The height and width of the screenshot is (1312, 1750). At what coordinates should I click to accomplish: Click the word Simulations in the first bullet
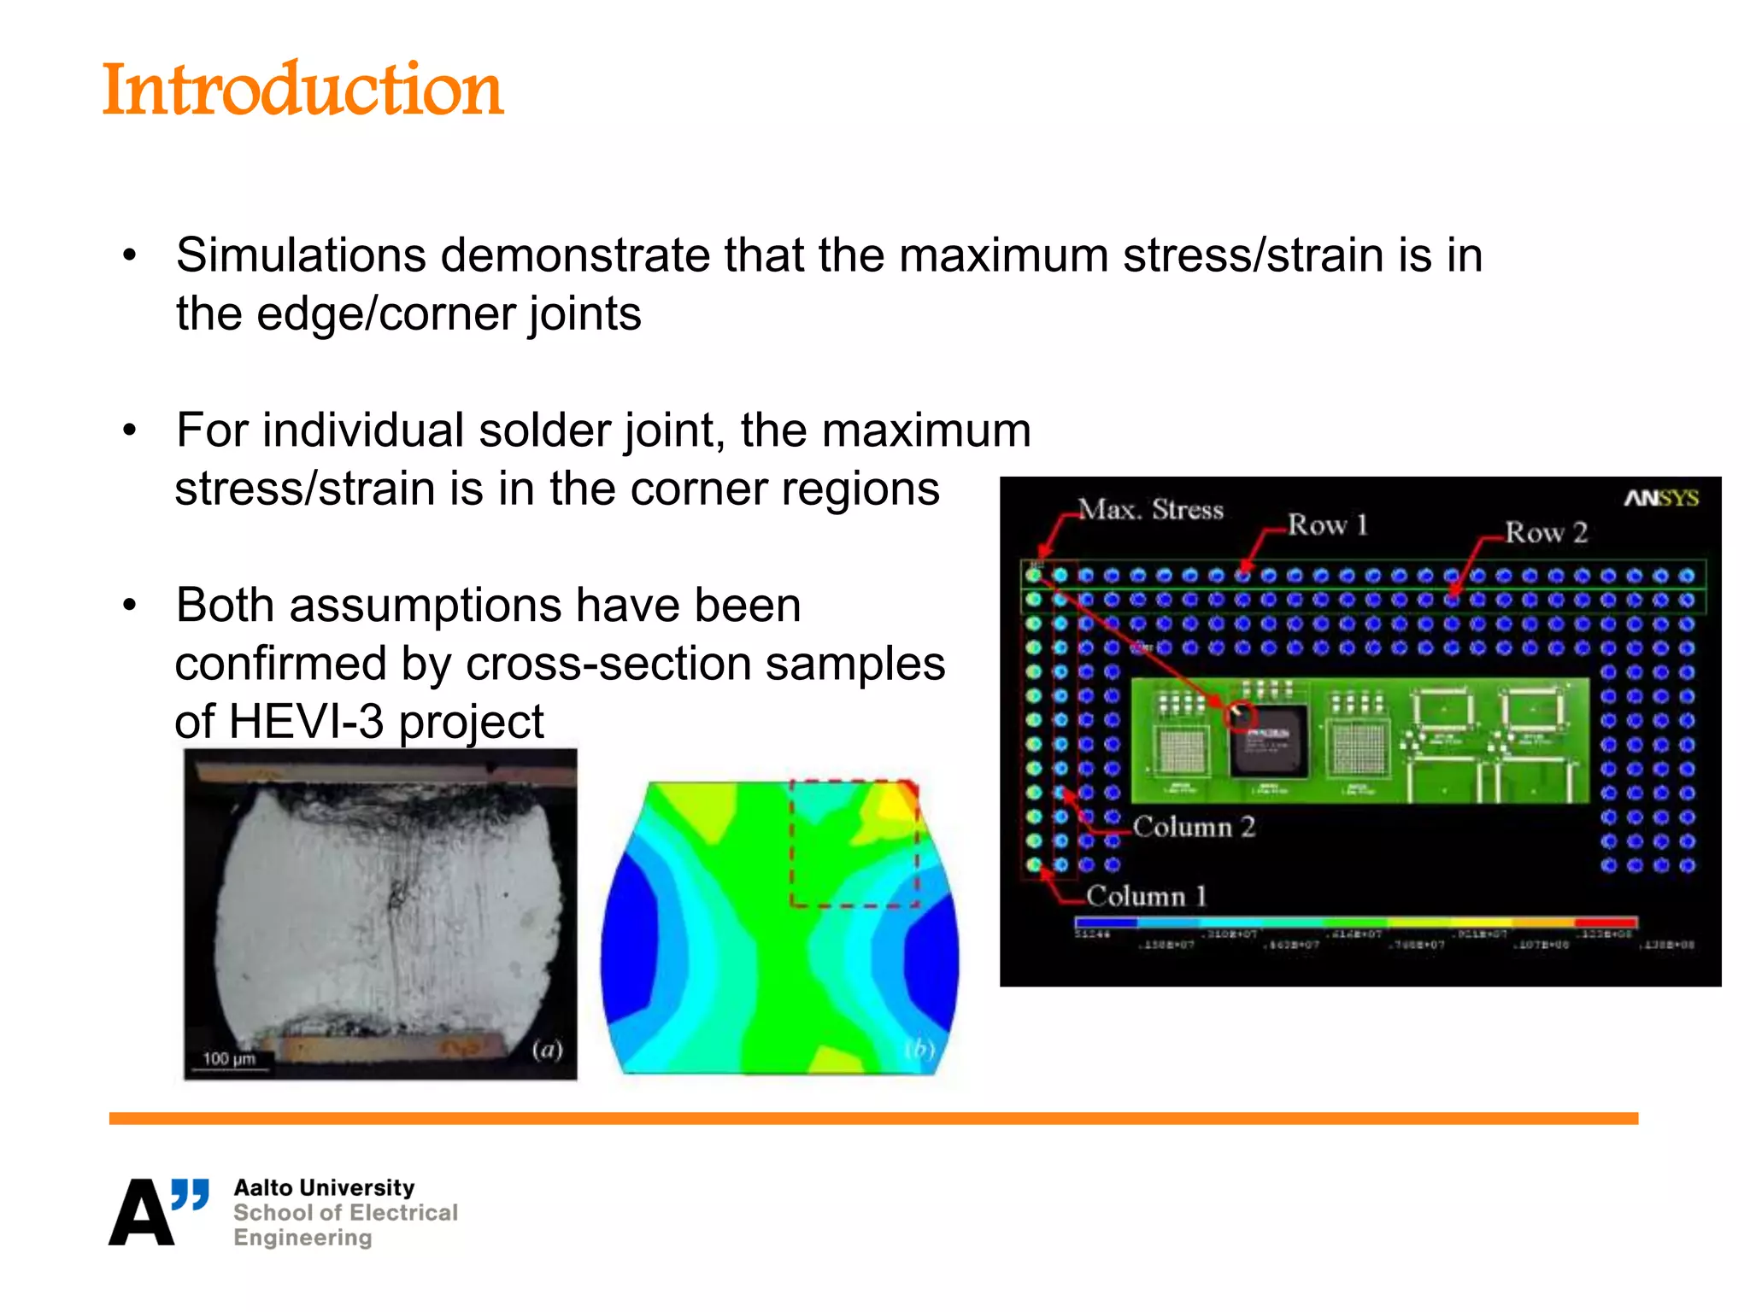point(301,255)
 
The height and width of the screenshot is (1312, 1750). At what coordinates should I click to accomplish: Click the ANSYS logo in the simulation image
point(1660,498)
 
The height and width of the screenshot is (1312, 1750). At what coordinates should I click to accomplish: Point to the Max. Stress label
point(1150,510)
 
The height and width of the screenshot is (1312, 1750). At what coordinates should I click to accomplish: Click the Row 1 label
point(1327,524)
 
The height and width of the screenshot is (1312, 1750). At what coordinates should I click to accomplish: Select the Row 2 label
point(1545,532)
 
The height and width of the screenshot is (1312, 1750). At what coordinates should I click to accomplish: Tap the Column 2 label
point(1193,826)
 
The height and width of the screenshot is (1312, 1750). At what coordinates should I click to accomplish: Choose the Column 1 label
point(1145,896)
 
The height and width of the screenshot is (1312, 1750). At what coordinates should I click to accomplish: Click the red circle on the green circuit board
point(1241,715)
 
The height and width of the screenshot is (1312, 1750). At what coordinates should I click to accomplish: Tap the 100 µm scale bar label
point(229,1058)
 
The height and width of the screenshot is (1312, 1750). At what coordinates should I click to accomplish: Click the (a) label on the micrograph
point(547,1049)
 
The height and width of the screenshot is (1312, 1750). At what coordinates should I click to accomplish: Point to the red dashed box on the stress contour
point(854,843)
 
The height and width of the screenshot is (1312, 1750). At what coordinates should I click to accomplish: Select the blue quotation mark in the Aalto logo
point(190,1193)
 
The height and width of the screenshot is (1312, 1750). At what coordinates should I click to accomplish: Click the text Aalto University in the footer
point(324,1187)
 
